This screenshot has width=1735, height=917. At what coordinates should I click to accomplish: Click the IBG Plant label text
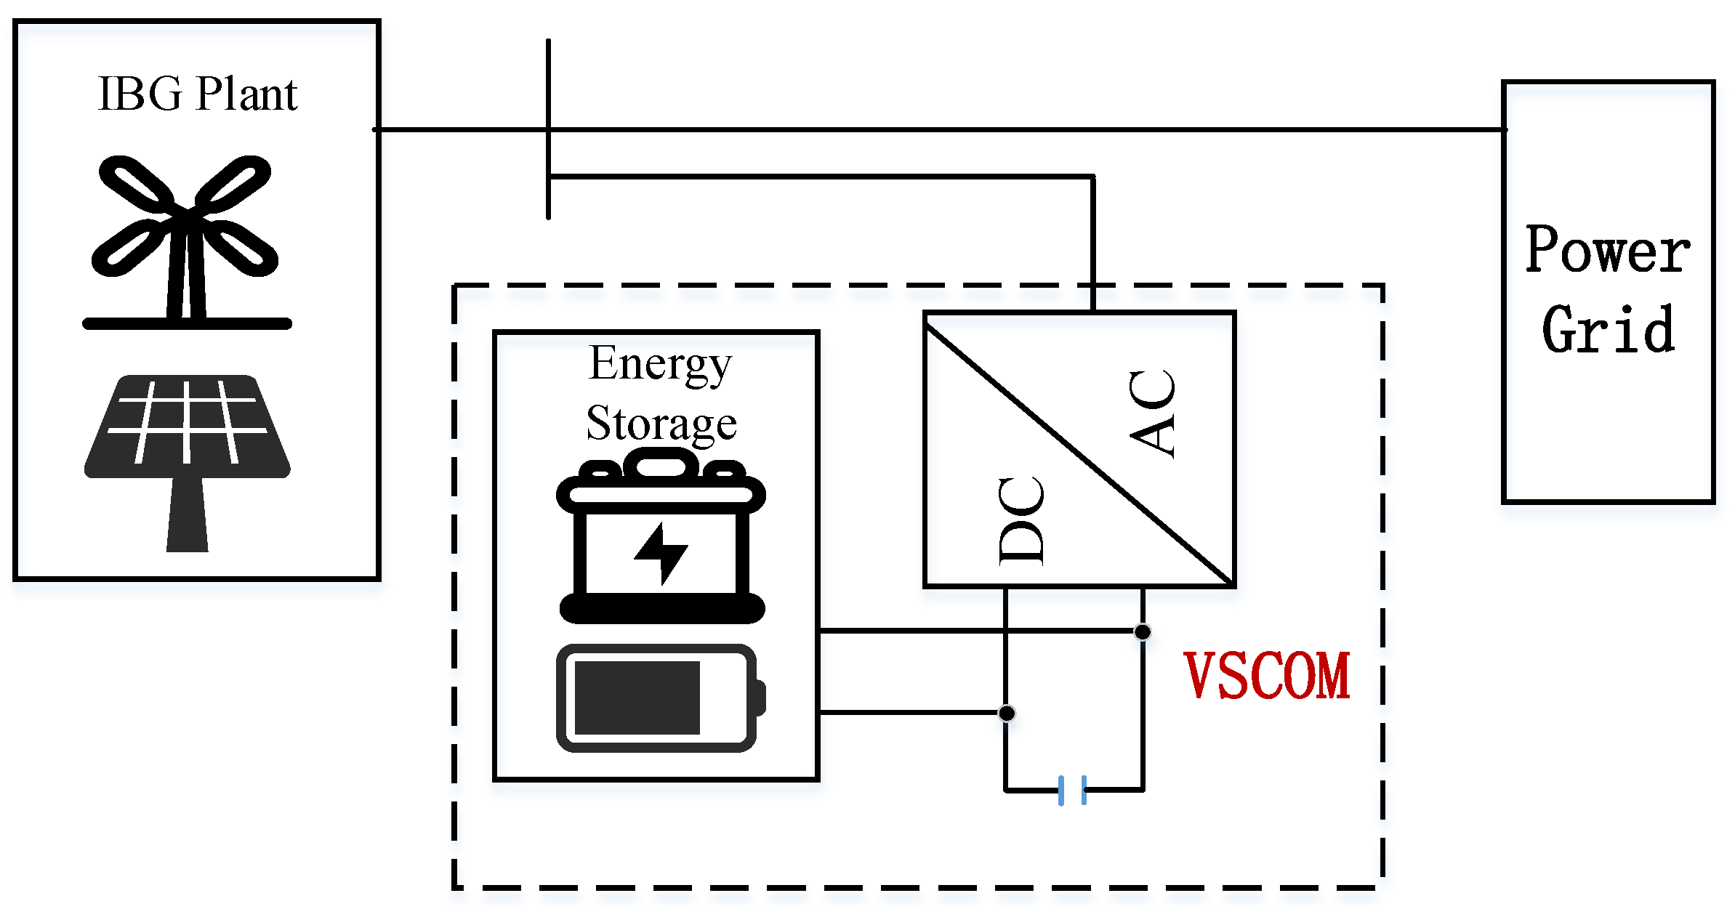(x=197, y=94)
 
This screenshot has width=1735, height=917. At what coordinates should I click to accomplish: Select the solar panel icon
(x=187, y=429)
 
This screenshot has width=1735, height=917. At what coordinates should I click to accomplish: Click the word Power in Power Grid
(x=1607, y=251)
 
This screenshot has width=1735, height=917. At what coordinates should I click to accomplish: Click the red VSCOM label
(x=1266, y=676)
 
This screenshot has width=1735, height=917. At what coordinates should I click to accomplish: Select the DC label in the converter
(x=1021, y=521)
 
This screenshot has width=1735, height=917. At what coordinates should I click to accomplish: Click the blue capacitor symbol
(x=1072, y=790)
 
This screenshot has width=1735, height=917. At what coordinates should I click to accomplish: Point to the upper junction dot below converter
(x=1142, y=631)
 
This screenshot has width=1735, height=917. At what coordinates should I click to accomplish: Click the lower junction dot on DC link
(x=1006, y=713)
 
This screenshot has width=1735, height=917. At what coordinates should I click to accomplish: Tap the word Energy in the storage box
(x=659, y=363)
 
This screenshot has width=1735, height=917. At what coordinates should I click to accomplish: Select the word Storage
(x=661, y=424)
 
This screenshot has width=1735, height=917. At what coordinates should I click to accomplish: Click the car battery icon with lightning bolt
(x=661, y=538)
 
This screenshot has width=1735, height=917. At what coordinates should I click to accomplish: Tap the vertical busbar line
(x=548, y=87)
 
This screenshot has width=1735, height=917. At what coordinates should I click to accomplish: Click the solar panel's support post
(x=187, y=516)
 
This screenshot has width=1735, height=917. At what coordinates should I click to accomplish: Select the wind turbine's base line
(x=187, y=323)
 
